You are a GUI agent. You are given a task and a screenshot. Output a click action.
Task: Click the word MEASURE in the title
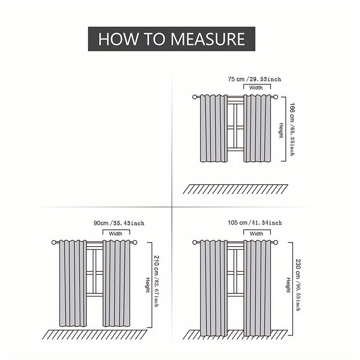pyautogui.click(x=208, y=39)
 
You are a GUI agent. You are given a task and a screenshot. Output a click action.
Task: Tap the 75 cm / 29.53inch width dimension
pyautogui.click(x=254, y=79)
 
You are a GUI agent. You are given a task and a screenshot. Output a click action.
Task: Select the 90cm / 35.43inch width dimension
pyautogui.click(x=119, y=223)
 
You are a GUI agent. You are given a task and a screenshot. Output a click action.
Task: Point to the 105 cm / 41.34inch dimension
pyautogui.click(x=255, y=222)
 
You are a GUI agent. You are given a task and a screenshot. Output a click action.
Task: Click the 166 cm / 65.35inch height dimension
pyautogui.click(x=292, y=129)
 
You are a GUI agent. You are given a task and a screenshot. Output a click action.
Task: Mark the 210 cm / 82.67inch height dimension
pyautogui.click(x=156, y=281)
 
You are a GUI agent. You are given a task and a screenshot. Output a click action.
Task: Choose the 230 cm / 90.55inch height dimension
pyautogui.click(x=298, y=285)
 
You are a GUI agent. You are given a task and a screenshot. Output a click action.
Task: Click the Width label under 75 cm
pyautogui.click(x=256, y=87)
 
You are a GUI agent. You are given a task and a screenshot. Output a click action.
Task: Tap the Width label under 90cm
pyautogui.click(x=116, y=234)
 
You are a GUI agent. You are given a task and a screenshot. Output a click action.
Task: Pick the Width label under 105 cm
pyautogui.click(x=256, y=234)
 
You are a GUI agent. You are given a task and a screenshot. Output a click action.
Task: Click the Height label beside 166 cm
pyautogui.click(x=281, y=130)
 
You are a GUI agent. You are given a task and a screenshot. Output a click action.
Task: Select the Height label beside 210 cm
pyautogui.click(x=148, y=285)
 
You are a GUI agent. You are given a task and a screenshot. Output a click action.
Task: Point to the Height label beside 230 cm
pyautogui.click(x=288, y=285)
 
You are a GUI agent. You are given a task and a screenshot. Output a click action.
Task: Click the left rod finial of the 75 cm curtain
pyautogui.click(x=195, y=97)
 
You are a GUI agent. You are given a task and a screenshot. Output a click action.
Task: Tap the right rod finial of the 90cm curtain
pyautogui.click(x=135, y=243)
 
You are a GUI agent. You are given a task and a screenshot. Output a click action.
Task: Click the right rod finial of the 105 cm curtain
pyautogui.click(x=276, y=243)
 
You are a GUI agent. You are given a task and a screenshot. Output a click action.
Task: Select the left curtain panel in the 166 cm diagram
pyautogui.click(x=214, y=128)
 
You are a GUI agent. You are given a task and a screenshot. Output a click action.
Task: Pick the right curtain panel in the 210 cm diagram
pyautogui.click(x=116, y=283)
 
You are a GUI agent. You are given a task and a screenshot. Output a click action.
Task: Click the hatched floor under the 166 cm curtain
pyautogui.click(x=235, y=189)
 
